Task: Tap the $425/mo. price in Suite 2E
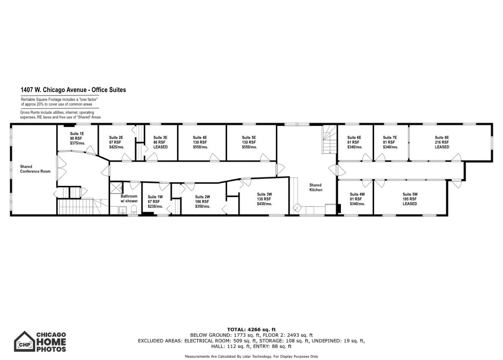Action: [117, 147]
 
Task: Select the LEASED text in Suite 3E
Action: [160, 147]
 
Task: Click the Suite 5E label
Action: [249, 138]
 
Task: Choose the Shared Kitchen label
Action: [316, 188]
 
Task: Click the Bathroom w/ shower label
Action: [129, 199]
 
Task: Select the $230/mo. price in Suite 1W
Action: [155, 206]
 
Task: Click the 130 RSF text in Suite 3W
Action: [264, 199]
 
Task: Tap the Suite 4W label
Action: [357, 194]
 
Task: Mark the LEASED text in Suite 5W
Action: [410, 204]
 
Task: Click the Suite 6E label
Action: [354, 138]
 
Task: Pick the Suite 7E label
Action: [390, 138]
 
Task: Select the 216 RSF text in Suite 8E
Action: [442, 142]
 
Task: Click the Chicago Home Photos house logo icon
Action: [24, 341]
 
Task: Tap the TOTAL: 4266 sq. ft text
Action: [251, 329]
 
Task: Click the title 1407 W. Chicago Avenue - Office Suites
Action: [74, 90]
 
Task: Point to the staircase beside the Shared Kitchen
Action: [329, 139]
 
